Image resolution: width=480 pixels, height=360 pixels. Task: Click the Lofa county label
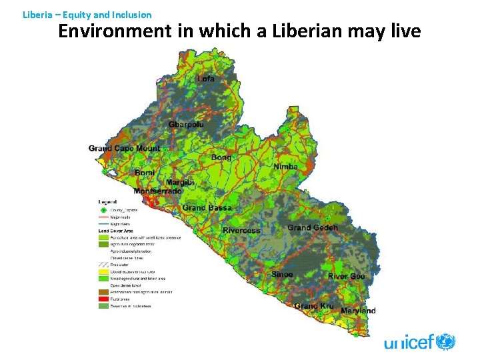tap(206, 79)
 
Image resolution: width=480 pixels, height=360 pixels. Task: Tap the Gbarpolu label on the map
tap(186, 125)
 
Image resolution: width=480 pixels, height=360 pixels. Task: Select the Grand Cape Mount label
tap(124, 148)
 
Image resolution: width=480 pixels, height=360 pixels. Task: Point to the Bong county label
tap(221, 157)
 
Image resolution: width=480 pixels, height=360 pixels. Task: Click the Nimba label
tap(285, 166)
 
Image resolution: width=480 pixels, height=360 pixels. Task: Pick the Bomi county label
tap(145, 173)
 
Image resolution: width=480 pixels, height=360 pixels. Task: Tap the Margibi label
tap(180, 183)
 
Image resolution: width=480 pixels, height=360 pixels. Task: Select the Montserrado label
tap(157, 191)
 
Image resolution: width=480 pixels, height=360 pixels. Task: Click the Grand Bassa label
tap(207, 208)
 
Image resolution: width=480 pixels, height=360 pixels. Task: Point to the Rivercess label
tap(241, 231)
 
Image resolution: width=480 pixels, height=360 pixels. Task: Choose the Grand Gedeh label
tap(313, 228)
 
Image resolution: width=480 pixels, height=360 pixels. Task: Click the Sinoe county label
tap(282, 275)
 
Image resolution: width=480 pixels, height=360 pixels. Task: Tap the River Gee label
tap(346, 277)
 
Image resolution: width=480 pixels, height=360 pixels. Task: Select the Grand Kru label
tap(314, 306)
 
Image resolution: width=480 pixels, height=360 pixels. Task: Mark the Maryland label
tap(358, 311)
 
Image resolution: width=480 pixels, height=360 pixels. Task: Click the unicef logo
tap(419, 343)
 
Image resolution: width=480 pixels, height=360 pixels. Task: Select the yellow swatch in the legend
tap(103, 271)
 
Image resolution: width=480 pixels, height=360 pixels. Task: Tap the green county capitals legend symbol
tap(103, 209)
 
